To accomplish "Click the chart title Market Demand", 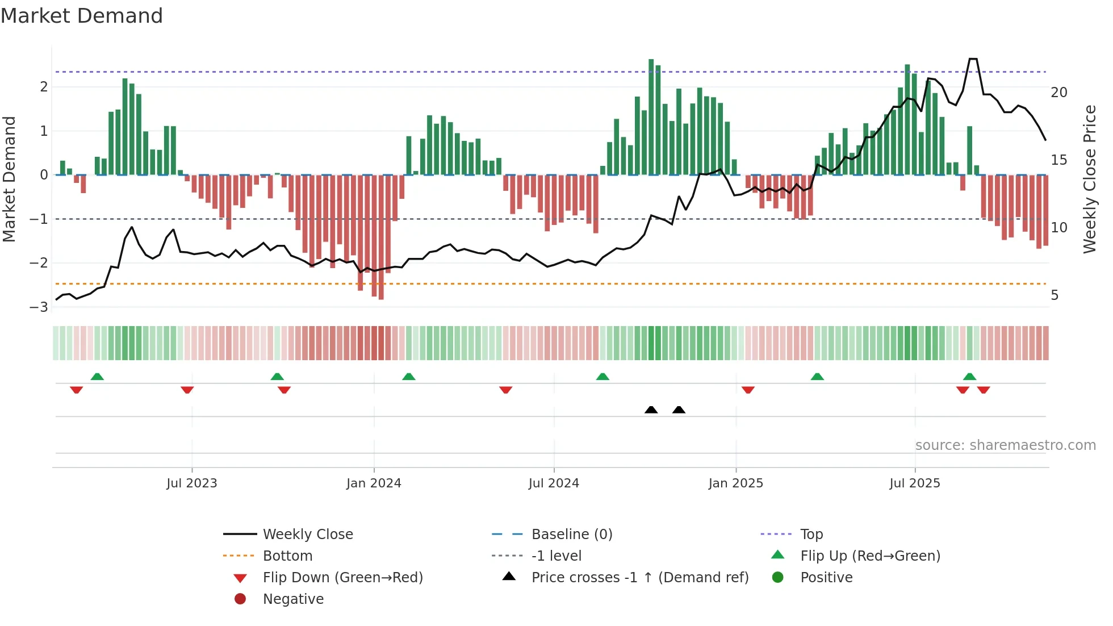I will point(82,16).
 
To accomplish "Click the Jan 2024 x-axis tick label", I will point(374,483).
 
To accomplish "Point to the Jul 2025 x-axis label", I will point(914,483).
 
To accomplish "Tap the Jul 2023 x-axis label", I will point(192,483).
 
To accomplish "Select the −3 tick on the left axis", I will point(39,307).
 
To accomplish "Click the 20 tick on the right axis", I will point(1058,93).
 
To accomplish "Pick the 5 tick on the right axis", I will point(1055,295).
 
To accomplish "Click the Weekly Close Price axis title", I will point(1089,179).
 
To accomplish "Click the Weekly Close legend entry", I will point(307,535).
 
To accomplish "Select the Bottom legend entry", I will point(287,556).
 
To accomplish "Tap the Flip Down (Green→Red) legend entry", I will point(342,578).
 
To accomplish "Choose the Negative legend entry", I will point(293,599).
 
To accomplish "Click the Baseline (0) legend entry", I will point(571,535).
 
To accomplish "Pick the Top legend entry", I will point(811,535).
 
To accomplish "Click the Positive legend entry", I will point(826,578).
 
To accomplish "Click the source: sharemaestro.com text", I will point(1005,445).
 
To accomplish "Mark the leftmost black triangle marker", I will point(651,410).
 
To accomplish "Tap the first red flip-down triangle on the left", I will point(76,390).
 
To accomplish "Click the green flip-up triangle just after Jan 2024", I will point(409,377).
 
